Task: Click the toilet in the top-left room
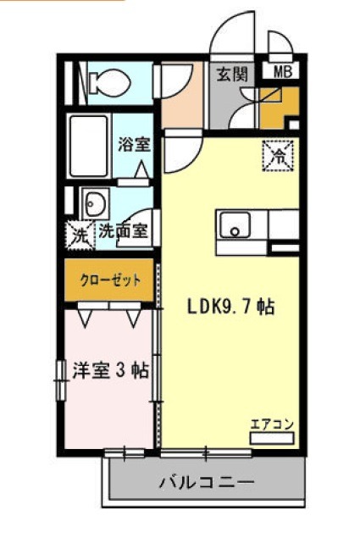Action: tap(108, 83)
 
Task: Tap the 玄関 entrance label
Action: tap(232, 74)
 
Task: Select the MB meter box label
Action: tap(283, 72)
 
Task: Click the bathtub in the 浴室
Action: tap(89, 146)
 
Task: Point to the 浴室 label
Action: tap(135, 144)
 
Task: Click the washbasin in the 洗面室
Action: tap(95, 203)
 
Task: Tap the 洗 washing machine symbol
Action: tap(80, 236)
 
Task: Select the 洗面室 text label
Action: tap(124, 231)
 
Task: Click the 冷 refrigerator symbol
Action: tap(278, 155)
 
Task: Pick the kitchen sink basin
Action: tap(235, 224)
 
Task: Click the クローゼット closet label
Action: tap(110, 280)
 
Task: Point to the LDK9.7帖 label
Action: tap(230, 307)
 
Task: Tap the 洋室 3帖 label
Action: tap(111, 370)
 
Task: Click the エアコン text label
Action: tap(272, 424)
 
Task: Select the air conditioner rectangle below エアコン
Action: tap(272, 438)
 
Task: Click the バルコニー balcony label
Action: tap(207, 482)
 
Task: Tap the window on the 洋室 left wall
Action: tap(61, 380)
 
